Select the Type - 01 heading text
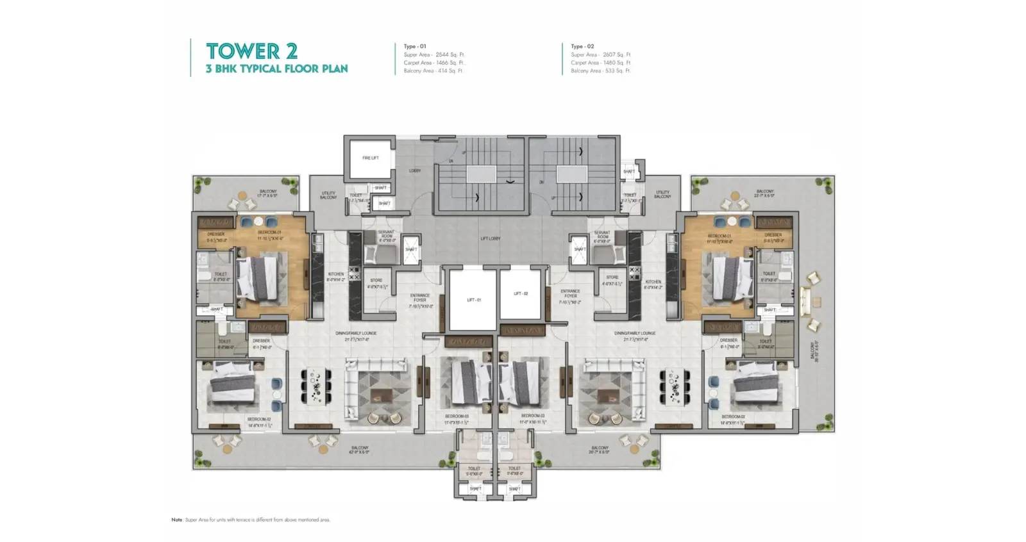pyautogui.click(x=414, y=46)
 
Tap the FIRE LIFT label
pyautogui.click(x=370, y=158)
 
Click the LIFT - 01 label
pyautogui.click(x=473, y=300)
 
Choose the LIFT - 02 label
pyautogui.click(x=521, y=293)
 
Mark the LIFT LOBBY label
pyautogui.click(x=490, y=238)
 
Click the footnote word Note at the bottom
pyautogui.click(x=177, y=520)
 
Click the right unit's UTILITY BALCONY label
pyautogui.click(x=662, y=194)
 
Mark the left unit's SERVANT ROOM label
pyautogui.click(x=386, y=235)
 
